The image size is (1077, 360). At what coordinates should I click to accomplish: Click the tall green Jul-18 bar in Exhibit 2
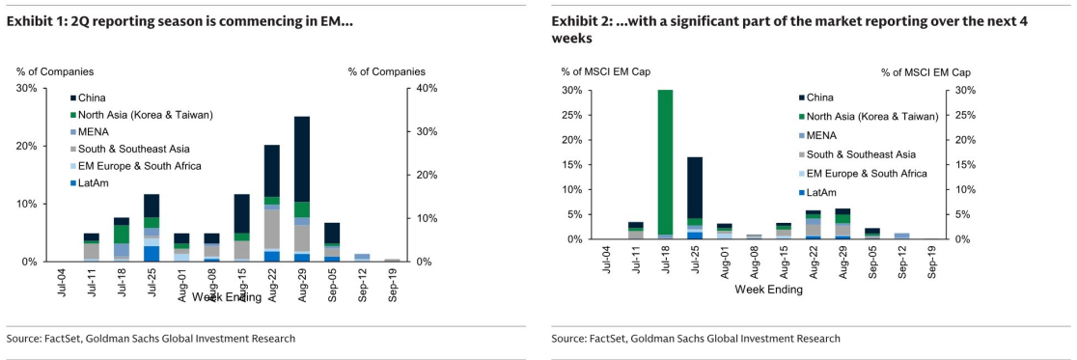pos(664,162)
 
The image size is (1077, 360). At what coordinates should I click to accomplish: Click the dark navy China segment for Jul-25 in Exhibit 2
pos(695,187)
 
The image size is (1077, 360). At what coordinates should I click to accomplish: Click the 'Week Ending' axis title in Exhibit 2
pos(768,290)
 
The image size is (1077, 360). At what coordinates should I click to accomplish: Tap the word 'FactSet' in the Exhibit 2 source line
pos(610,338)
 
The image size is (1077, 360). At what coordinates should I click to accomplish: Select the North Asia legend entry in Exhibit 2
pos(868,117)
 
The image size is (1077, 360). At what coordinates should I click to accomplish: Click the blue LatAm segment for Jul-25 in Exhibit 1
pos(152,254)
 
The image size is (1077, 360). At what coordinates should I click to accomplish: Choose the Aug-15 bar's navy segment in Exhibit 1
pos(242,213)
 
